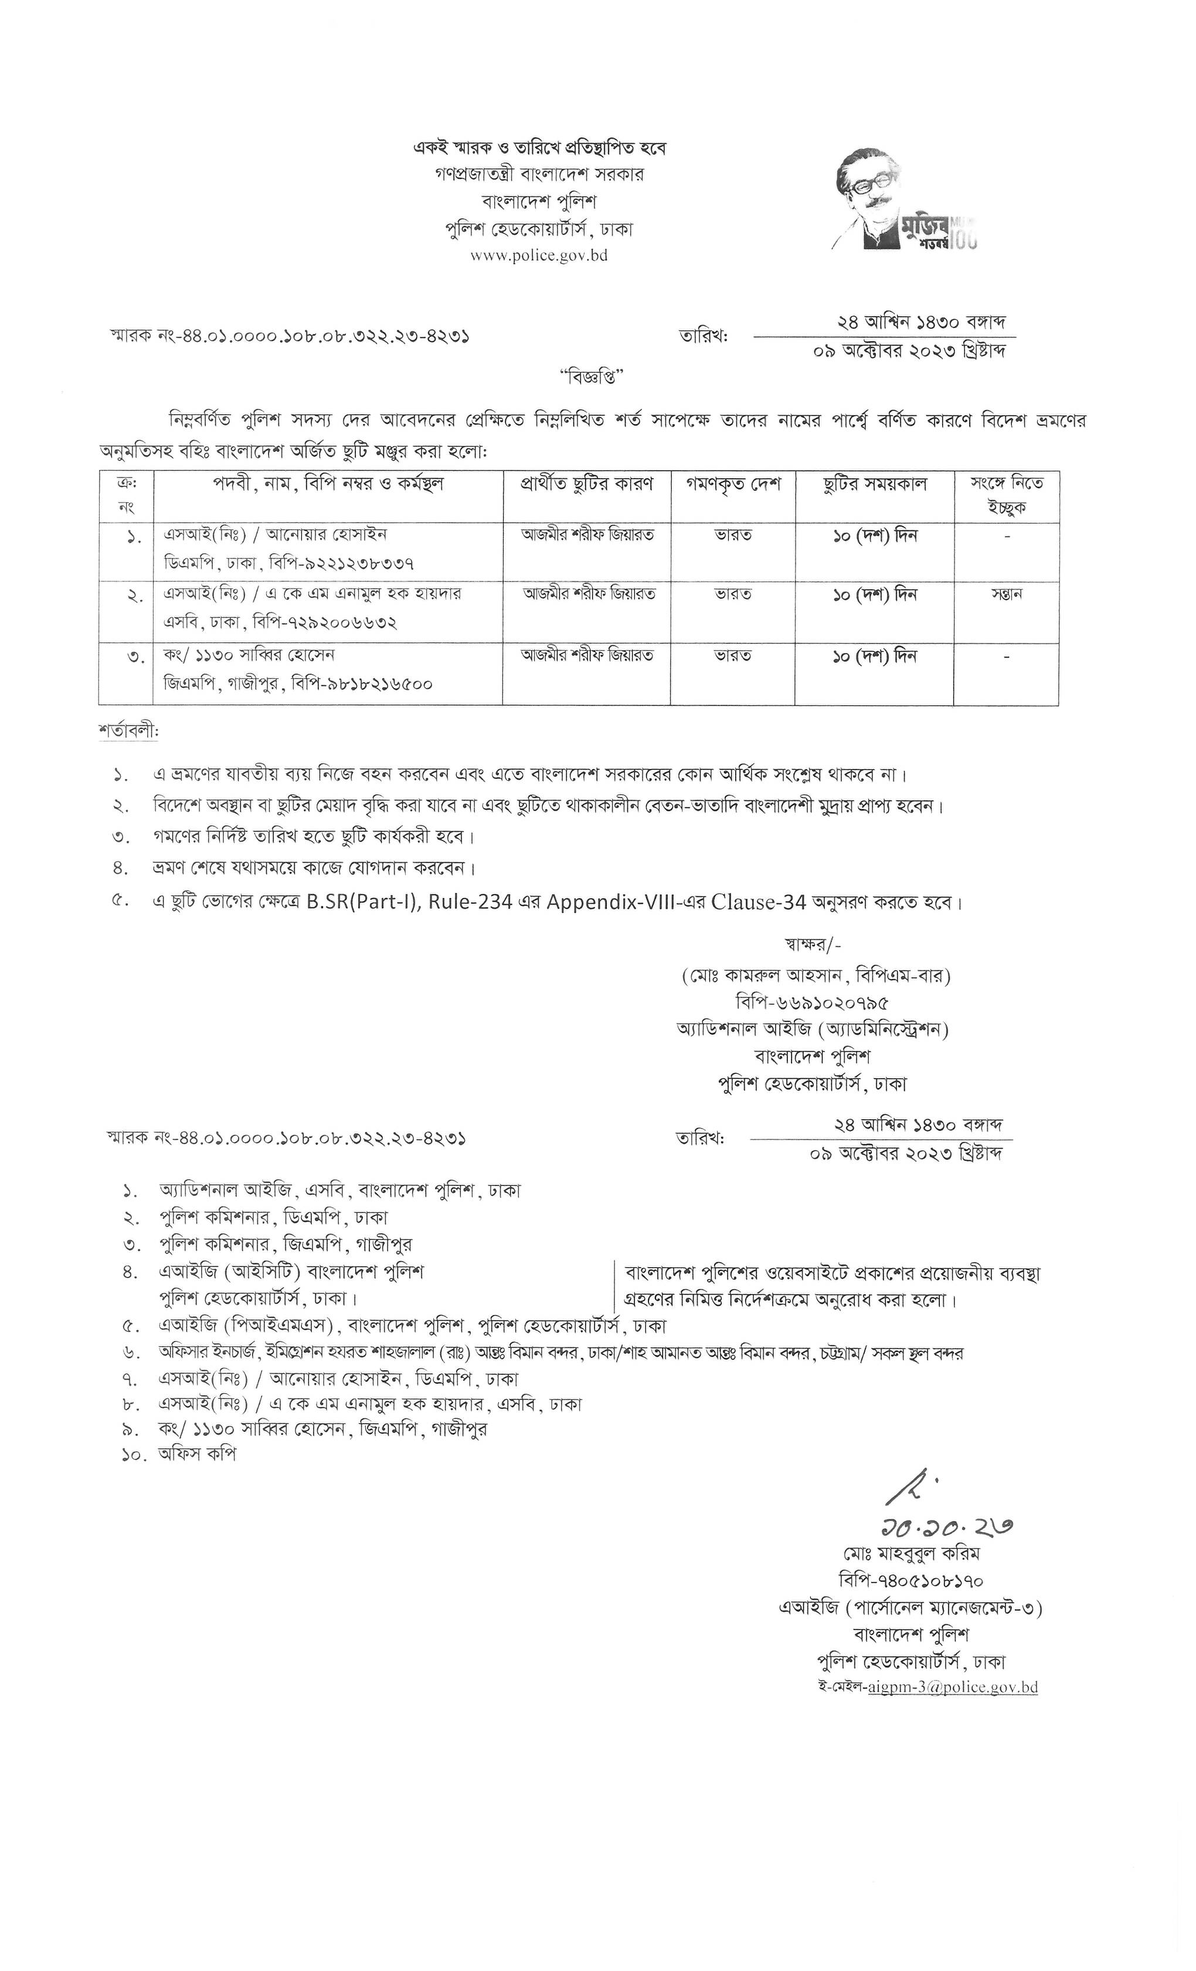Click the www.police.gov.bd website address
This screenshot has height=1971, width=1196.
pyautogui.click(x=539, y=256)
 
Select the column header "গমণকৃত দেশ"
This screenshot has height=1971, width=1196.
pyautogui.click(x=732, y=485)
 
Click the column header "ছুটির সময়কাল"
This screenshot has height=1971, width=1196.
pyautogui.click(x=874, y=485)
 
